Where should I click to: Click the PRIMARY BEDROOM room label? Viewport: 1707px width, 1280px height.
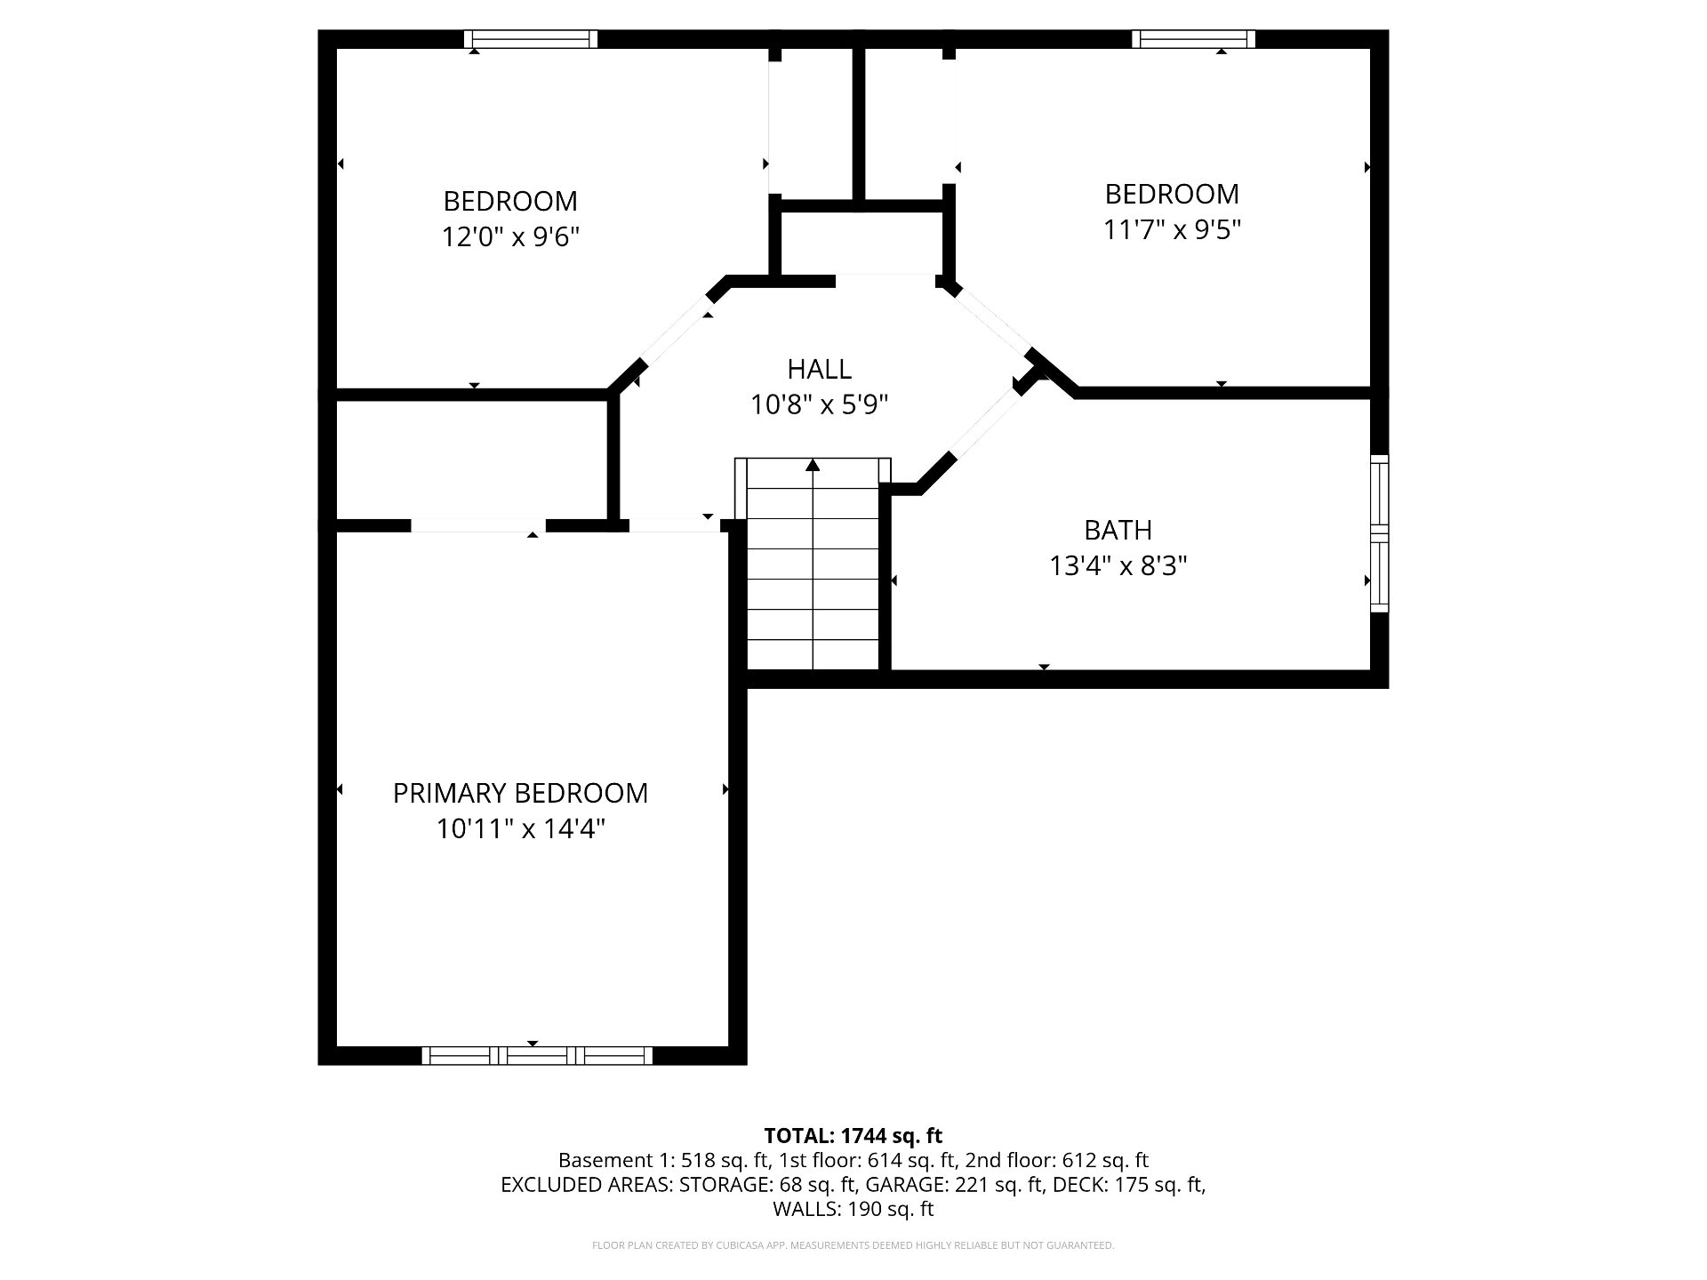pyautogui.click(x=520, y=793)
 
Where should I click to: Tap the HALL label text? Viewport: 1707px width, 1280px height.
pyautogui.click(x=819, y=369)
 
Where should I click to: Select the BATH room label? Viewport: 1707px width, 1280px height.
pyautogui.click(x=1118, y=530)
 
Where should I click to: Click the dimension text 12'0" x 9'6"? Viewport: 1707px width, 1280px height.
pyautogui.click(x=510, y=237)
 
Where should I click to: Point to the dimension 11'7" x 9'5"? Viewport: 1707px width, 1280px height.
pyautogui.click(x=1172, y=230)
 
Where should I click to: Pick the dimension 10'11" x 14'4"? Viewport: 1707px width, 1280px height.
pyautogui.click(x=520, y=829)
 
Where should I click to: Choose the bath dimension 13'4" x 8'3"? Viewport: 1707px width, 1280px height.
pyautogui.click(x=1118, y=566)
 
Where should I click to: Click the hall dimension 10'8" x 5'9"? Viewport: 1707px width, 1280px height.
pyautogui.click(x=819, y=405)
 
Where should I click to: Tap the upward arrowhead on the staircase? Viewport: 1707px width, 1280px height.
pyautogui.click(x=813, y=465)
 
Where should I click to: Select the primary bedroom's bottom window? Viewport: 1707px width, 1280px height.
pyautogui.click(x=537, y=1055)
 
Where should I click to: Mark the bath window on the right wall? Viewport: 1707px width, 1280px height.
pyautogui.click(x=1379, y=533)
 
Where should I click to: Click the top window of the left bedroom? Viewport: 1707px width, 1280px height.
pyautogui.click(x=531, y=39)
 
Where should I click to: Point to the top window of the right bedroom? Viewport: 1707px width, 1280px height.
pyautogui.click(x=1194, y=39)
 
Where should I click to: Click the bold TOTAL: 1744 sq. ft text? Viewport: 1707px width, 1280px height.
pyautogui.click(x=853, y=1136)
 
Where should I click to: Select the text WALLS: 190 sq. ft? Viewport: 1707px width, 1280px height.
pyautogui.click(x=853, y=1209)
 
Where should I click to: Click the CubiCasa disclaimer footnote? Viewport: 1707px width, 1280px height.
pyautogui.click(x=853, y=1245)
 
